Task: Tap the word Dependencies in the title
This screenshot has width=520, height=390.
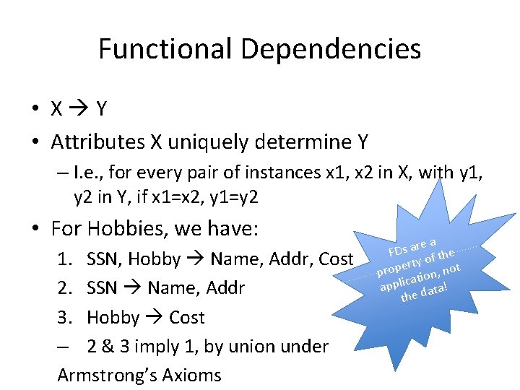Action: pos(331,49)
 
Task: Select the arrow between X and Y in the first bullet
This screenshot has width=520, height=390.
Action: pos(79,109)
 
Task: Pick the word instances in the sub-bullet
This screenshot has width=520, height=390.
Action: pos(310,174)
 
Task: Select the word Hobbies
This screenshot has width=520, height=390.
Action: pos(129,229)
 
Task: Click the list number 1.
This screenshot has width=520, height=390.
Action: pos(65,259)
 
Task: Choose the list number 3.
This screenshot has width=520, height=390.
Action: pos(65,317)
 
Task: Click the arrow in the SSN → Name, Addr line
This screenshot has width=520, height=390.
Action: pos(132,288)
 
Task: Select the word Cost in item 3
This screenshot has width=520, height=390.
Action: pos(187,317)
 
